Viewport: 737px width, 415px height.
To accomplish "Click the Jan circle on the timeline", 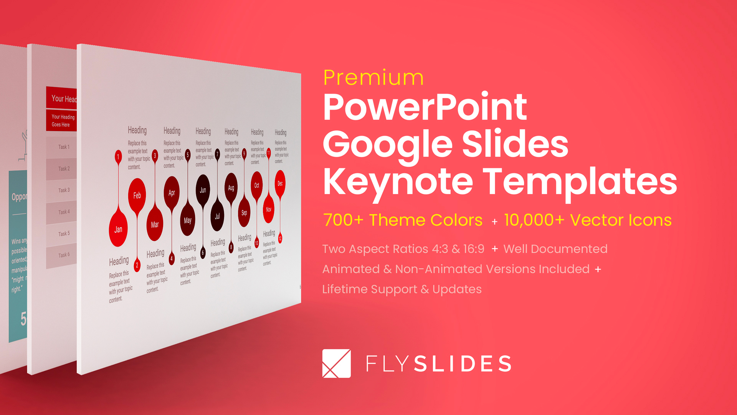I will [x=118, y=229].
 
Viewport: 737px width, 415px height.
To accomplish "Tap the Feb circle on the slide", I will [x=137, y=195].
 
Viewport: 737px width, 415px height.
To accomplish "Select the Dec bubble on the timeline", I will [x=280, y=184].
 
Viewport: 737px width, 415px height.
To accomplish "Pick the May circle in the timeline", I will [x=188, y=220].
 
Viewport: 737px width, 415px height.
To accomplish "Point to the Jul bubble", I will [x=217, y=216].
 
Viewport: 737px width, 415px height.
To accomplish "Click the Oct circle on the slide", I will [x=257, y=185].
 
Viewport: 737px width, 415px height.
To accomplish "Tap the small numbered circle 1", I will [x=118, y=156].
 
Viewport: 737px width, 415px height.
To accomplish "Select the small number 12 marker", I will [x=280, y=238].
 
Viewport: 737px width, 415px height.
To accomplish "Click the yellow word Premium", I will [x=373, y=78].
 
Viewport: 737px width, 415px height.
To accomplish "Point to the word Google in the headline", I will [x=388, y=144].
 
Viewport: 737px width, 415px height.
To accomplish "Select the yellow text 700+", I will [x=343, y=220].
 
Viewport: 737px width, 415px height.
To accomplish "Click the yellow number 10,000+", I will [x=534, y=220].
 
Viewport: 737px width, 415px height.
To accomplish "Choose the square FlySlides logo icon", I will [x=337, y=364].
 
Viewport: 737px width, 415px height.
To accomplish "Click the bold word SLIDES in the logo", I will [x=463, y=364].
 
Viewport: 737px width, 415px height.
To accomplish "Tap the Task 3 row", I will [x=63, y=190].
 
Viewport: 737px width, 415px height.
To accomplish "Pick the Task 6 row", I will [x=63, y=255].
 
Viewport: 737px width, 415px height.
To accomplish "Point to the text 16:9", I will [x=474, y=249].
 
